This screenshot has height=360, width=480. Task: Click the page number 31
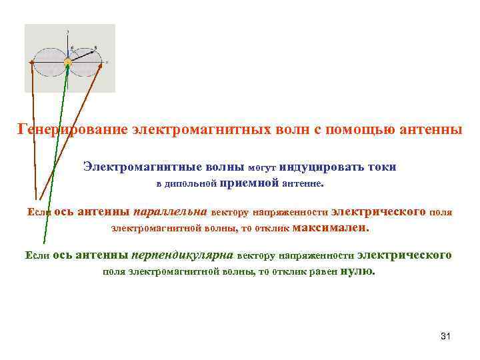(x=446, y=335)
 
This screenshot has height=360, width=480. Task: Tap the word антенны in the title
(x=431, y=129)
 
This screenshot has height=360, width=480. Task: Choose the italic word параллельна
(x=171, y=212)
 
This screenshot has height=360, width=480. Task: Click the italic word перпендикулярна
(x=182, y=255)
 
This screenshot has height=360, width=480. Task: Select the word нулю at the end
(x=357, y=271)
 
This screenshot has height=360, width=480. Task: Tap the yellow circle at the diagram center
(x=67, y=62)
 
